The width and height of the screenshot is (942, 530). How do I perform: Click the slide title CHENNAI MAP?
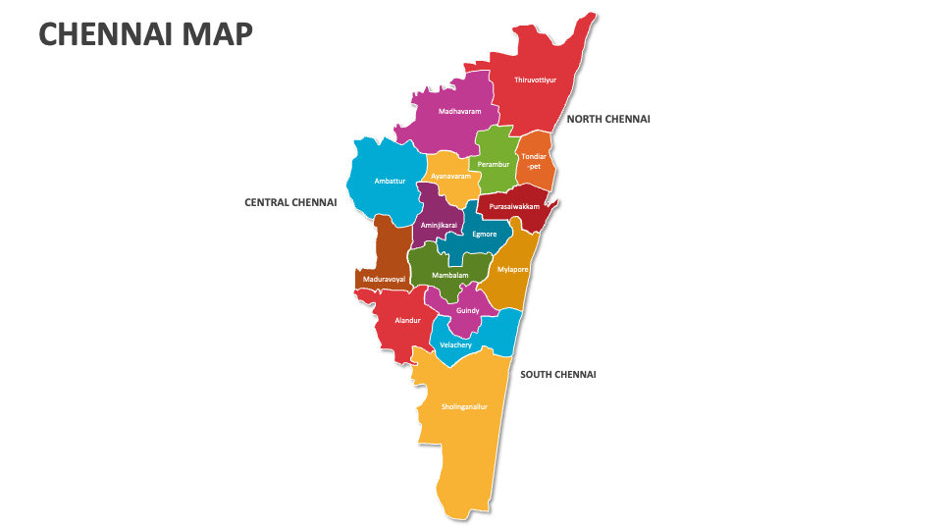tap(145, 34)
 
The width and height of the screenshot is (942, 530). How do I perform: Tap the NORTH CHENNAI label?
tap(608, 119)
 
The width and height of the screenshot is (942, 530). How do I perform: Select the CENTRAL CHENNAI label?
tap(290, 202)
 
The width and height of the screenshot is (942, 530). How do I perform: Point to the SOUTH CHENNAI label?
tap(557, 374)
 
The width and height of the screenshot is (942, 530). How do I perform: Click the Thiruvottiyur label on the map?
tap(535, 79)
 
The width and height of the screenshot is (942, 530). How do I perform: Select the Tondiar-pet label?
tap(534, 161)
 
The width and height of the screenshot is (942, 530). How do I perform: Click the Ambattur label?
tap(390, 181)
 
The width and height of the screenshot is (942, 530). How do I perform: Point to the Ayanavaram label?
tap(451, 176)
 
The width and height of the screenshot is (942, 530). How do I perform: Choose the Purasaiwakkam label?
tap(514, 206)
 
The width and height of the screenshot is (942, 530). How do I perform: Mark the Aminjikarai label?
tap(438, 225)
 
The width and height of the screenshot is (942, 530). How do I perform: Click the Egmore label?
tap(484, 234)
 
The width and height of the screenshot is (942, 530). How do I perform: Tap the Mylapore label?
tap(512, 268)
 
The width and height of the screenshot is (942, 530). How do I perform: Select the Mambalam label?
tap(449, 276)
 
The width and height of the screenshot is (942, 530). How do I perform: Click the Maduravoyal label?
tap(384, 279)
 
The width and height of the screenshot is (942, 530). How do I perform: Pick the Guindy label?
tap(467, 310)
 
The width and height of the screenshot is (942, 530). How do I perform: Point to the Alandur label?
tap(407, 320)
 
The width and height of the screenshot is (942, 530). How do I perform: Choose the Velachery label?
tap(455, 344)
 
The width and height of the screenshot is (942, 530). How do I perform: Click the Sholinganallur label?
tap(464, 405)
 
